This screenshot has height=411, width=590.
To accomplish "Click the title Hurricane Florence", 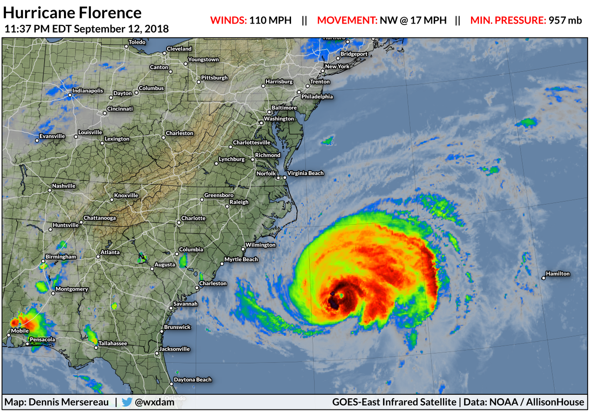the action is click(x=73, y=13).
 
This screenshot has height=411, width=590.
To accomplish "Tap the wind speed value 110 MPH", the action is click(x=270, y=21).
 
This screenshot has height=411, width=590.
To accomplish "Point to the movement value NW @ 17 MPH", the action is click(x=413, y=21).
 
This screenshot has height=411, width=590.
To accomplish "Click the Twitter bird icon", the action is click(x=126, y=402).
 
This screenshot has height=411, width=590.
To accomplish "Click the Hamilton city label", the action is click(x=558, y=274).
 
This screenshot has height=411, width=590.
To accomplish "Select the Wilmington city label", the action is click(x=261, y=245).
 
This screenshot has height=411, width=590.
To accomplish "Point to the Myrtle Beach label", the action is click(x=241, y=260).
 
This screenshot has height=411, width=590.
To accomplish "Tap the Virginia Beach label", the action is click(x=305, y=173).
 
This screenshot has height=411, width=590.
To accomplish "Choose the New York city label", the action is click(x=337, y=66).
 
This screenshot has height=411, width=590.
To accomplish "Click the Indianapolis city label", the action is click(x=88, y=91).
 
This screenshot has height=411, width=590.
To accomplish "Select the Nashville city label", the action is click(x=64, y=186).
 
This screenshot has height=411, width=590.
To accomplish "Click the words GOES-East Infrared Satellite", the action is click(x=393, y=402).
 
